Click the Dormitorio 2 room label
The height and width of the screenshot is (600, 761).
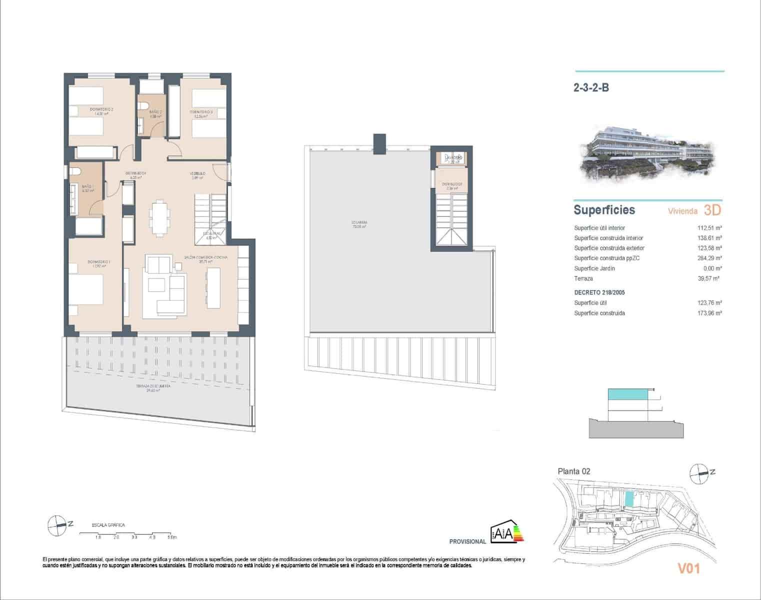point(101,111)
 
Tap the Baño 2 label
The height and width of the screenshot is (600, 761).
point(155,113)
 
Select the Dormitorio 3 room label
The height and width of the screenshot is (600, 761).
point(201,114)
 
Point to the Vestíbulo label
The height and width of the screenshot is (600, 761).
point(197,175)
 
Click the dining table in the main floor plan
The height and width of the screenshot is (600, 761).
point(159,218)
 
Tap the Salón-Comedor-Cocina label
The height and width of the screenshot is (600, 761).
point(205,259)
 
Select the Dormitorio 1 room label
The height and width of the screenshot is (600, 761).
point(98,264)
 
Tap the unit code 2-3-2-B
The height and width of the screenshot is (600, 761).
point(591,88)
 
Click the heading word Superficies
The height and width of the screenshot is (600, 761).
point(604,210)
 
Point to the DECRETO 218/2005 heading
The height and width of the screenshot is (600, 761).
point(599,292)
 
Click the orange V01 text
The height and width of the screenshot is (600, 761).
point(688,568)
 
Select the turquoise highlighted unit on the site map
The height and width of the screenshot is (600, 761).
point(629,499)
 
